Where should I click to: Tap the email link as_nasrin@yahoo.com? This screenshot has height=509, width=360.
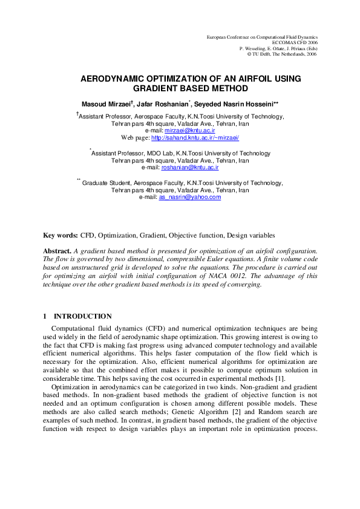(x=189, y=196)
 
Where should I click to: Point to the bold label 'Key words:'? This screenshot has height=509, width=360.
(x=61, y=235)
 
